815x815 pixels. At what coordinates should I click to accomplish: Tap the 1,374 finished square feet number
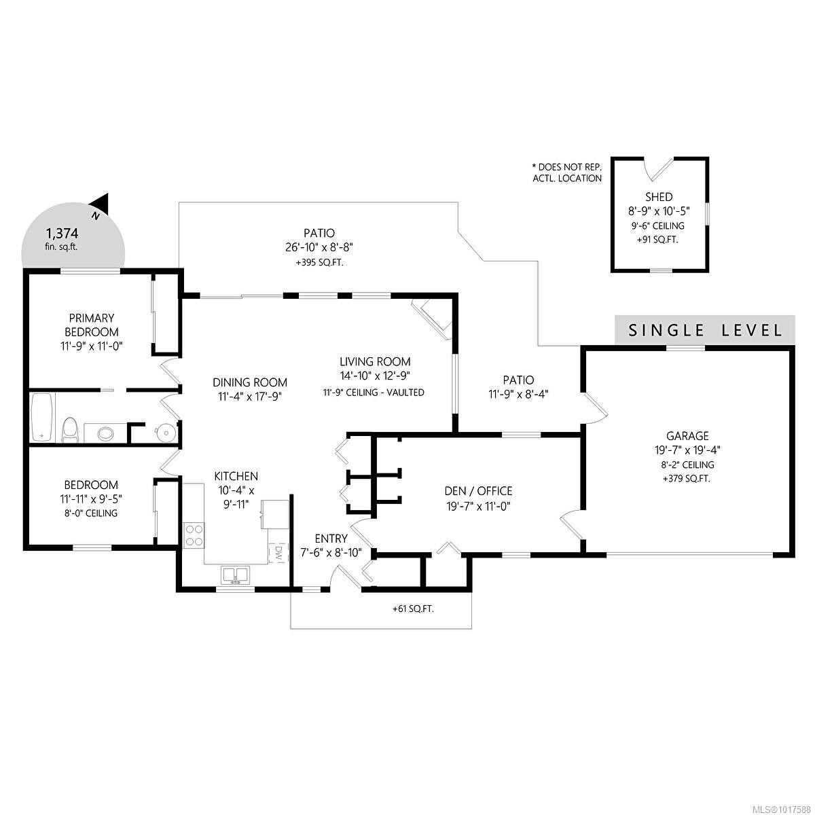coord(62,233)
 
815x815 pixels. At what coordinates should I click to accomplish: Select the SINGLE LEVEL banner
coord(704,331)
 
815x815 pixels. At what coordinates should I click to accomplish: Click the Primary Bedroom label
coord(91,325)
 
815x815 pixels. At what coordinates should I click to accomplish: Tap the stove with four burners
coord(194,534)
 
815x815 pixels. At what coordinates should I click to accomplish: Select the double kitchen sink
coord(235,575)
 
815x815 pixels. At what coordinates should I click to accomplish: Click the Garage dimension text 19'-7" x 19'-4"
coord(687,450)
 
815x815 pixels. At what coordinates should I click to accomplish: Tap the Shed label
coord(659,197)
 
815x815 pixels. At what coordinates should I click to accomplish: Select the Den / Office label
coord(478,491)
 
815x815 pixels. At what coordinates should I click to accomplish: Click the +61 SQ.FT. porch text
coord(413,609)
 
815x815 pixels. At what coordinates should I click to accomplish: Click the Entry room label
coord(331,539)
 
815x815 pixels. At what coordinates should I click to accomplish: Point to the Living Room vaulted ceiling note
coord(374,393)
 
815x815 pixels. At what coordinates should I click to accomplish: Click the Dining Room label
coord(249,382)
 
